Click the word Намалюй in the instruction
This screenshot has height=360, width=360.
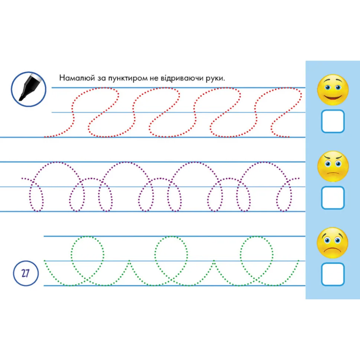[x=77, y=78]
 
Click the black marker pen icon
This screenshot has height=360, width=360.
[x=29, y=89]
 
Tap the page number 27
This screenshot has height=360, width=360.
[x=26, y=273]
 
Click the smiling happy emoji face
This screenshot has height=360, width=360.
[x=333, y=90]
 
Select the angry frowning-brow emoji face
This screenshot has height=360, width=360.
[x=333, y=166]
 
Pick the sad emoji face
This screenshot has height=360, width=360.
[x=333, y=243]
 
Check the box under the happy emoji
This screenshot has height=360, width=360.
[x=333, y=121]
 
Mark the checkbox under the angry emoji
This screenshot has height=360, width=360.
[x=333, y=198]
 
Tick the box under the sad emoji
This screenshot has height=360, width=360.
[x=333, y=274]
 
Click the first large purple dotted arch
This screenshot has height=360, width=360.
[x=56, y=162]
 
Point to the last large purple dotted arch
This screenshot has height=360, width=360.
[x=264, y=162]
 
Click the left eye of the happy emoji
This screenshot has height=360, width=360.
[x=328, y=88]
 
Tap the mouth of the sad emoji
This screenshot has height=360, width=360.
[x=332, y=250]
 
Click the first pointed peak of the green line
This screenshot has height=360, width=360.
[x=129, y=261]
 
